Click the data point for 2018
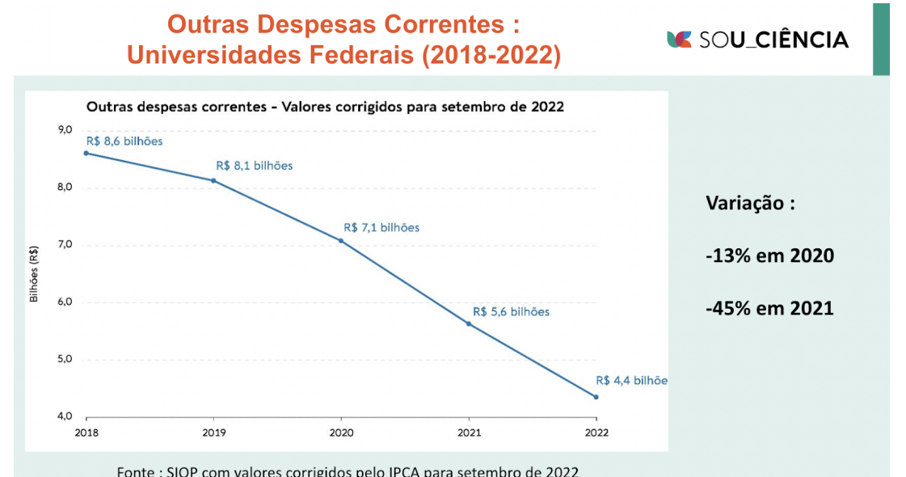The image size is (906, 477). coord(86,153)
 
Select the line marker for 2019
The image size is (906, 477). coord(213,180)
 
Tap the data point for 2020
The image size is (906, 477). coord(341,240)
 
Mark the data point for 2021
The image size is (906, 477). coord(469,323)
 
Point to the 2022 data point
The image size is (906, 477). coord(596,397)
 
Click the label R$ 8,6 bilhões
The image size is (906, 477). coord(124,141)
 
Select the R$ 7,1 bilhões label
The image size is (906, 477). coord(381,228)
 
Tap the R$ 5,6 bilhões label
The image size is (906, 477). coord(511,312)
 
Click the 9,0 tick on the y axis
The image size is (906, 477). coord(65,131)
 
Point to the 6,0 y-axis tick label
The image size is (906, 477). coord(65,302)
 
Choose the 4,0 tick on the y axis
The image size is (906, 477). coord(65,417)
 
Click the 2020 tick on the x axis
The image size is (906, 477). coord(341,433)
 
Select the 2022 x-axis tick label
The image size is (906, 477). coord(596,433)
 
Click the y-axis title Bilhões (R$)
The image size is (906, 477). coord(34,274)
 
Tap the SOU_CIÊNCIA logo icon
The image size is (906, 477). coord(679,39)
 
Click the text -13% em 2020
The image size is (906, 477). coord(769,256)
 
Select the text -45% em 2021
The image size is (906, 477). coord(769,308)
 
